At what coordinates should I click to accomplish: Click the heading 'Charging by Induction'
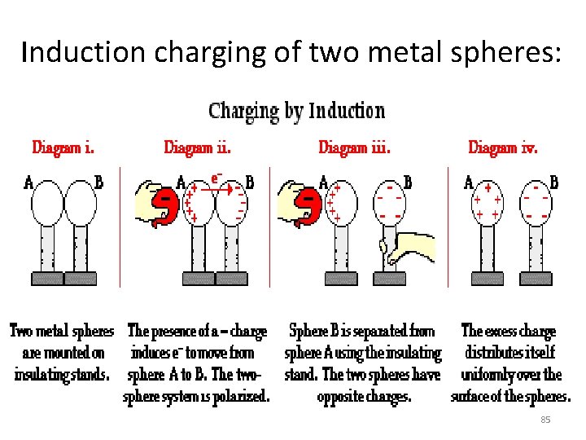pyautogui.click(x=296, y=111)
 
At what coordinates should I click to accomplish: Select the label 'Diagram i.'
pyautogui.click(x=63, y=147)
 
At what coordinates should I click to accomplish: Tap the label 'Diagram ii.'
pyautogui.click(x=197, y=147)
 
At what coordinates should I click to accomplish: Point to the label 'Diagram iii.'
pyautogui.click(x=354, y=147)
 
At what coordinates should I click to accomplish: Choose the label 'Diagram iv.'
pyautogui.click(x=502, y=147)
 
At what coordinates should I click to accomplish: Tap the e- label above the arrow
pyautogui.click(x=216, y=177)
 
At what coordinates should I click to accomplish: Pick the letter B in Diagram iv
pyautogui.click(x=554, y=183)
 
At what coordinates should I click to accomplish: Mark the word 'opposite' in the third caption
pyautogui.click(x=342, y=398)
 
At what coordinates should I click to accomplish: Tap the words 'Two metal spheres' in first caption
pyautogui.click(x=62, y=332)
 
